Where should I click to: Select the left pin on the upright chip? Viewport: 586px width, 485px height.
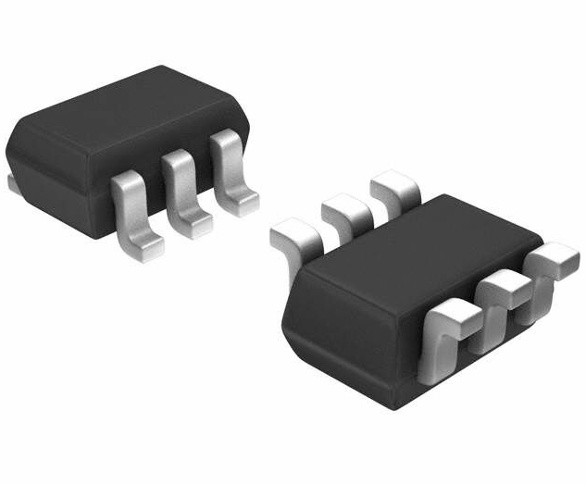[x=130, y=208]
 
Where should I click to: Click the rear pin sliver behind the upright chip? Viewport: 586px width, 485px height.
[x=13, y=185]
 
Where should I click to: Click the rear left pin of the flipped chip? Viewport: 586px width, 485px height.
[x=294, y=236]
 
